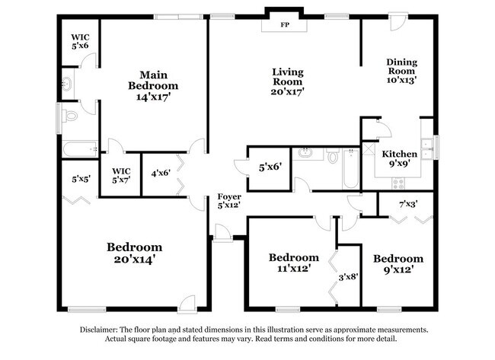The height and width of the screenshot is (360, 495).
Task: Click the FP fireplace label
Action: (285, 25)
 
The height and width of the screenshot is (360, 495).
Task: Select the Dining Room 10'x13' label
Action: (401, 70)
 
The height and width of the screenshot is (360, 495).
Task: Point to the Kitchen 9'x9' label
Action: (399, 158)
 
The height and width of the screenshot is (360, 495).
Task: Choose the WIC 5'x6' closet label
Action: (80, 41)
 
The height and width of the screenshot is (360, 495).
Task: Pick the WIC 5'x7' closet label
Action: (121, 175)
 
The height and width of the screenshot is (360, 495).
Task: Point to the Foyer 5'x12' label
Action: (229, 201)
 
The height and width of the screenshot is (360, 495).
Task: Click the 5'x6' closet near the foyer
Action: (270, 166)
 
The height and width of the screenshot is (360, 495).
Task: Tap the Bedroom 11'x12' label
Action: (293, 263)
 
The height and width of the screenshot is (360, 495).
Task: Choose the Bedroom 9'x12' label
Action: (398, 263)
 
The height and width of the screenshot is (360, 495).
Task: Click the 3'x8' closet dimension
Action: (348, 277)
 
